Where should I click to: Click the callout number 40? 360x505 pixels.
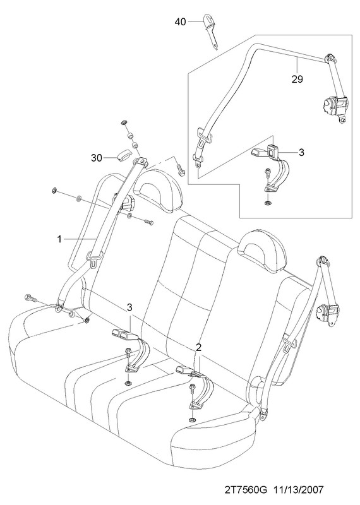181,21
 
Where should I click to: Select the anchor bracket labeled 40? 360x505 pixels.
210,32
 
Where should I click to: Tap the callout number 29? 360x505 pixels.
297,80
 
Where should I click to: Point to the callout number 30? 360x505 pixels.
97,158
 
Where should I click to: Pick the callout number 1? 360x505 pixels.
59,239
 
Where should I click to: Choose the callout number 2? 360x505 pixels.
198,347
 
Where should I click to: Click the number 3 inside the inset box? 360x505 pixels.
301,152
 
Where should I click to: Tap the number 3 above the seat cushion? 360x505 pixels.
129,307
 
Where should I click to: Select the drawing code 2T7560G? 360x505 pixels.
246,490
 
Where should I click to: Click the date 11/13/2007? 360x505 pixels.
298,490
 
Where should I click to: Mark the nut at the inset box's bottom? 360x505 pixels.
267,203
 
